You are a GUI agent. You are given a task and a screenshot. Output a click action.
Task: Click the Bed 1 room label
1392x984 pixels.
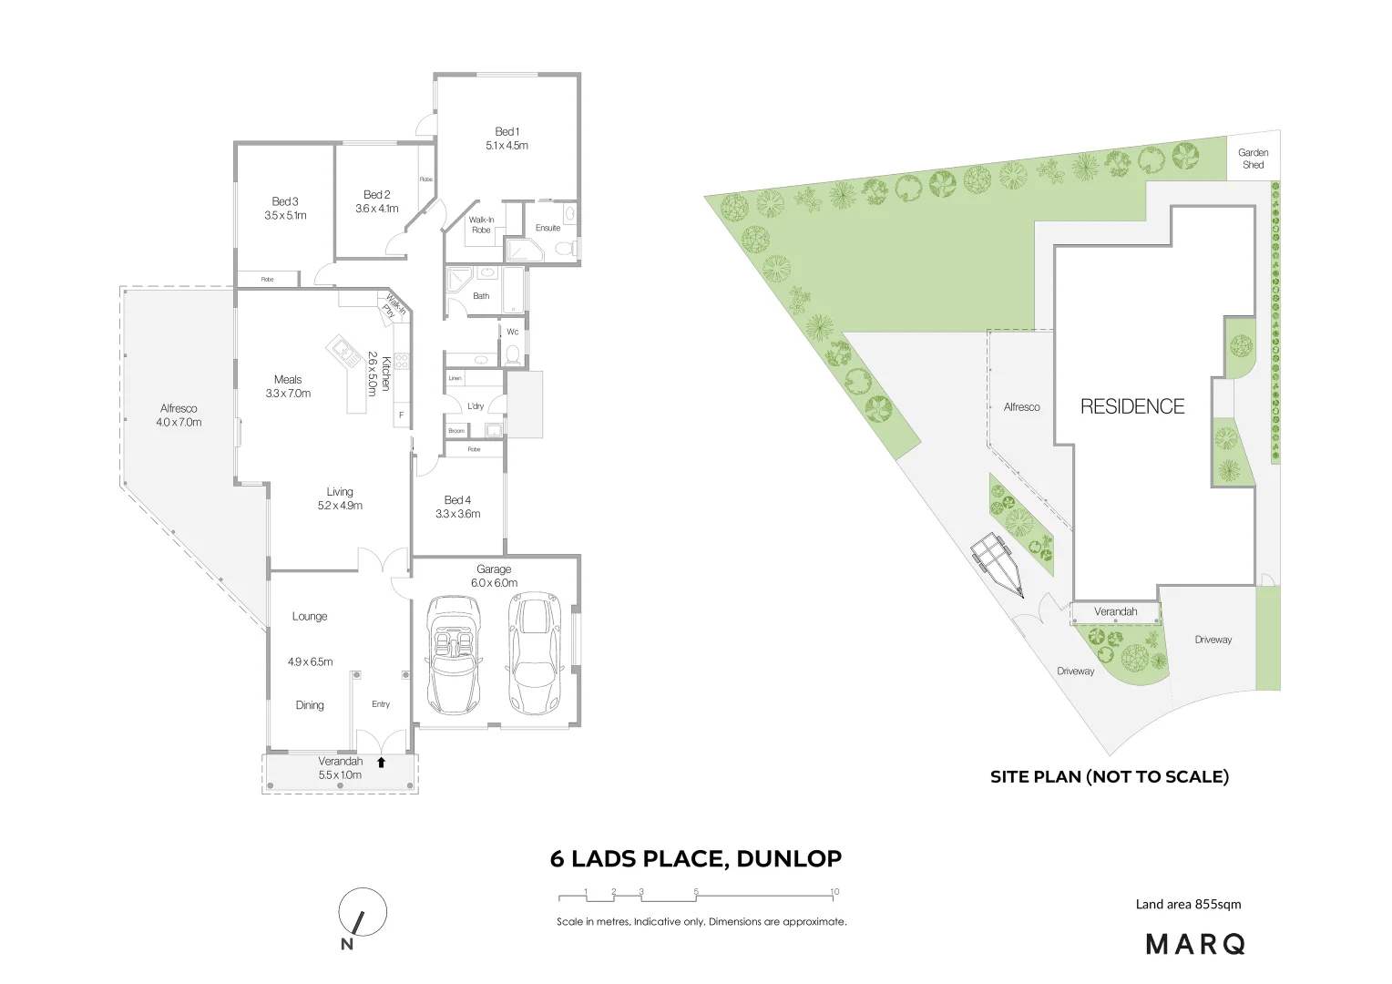[x=507, y=132]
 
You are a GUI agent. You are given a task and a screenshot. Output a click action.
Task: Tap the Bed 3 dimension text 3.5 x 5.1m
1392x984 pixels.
[x=285, y=216]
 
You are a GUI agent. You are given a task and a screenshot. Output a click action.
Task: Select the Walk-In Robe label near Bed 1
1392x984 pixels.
[x=481, y=225]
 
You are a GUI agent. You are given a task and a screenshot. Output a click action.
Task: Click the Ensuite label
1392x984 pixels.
[x=548, y=228]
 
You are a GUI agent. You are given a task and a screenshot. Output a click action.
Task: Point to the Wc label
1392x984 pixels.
[x=512, y=332]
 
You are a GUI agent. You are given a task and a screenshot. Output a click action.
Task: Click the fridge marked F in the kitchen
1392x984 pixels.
[x=400, y=415]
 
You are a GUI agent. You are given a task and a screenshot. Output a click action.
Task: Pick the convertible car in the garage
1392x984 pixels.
[x=453, y=653]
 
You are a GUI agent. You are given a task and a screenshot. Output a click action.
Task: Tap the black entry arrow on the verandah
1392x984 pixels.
[x=382, y=762]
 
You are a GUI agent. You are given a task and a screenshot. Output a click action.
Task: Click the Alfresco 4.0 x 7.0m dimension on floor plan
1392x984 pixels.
[x=179, y=423]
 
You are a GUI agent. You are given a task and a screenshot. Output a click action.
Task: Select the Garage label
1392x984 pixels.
[x=494, y=569]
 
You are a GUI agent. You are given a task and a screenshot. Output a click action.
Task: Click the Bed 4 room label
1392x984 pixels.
[x=457, y=500]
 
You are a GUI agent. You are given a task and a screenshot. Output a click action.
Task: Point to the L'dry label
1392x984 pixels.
[x=475, y=406]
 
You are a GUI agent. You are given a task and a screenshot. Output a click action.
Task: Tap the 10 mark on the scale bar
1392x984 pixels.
[x=834, y=892]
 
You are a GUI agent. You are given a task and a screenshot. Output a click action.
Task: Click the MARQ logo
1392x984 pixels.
[x=1194, y=944]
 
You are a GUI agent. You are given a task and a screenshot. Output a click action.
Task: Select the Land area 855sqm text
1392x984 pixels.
[x=1188, y=905]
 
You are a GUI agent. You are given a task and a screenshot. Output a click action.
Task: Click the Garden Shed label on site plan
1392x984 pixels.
[x=1254, y=159]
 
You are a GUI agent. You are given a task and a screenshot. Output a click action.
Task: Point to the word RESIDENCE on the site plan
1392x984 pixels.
[x=1132, y=406]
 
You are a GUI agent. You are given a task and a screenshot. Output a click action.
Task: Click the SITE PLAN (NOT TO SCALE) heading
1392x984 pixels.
[x=1110, y=777]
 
